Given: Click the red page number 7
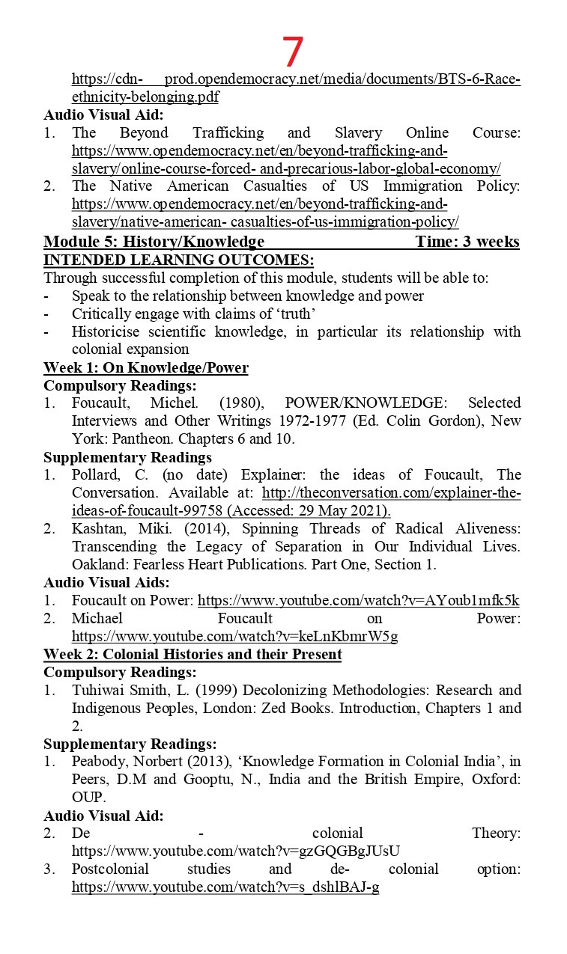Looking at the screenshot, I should (293, 52).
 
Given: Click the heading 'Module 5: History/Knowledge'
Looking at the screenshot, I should (154, 241).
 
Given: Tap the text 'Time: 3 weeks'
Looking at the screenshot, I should (467, 241).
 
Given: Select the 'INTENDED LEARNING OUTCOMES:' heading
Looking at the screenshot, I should (178, 260).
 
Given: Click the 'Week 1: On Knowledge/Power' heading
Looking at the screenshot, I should (146, 367).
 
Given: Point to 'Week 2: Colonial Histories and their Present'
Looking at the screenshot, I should (192, 655).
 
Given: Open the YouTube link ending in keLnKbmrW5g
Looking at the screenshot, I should (234, 637).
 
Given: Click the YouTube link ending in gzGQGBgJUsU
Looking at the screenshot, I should (236, 851).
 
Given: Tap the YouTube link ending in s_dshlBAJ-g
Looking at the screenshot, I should (225, 887).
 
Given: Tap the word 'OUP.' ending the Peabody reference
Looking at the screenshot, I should (87, 798).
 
